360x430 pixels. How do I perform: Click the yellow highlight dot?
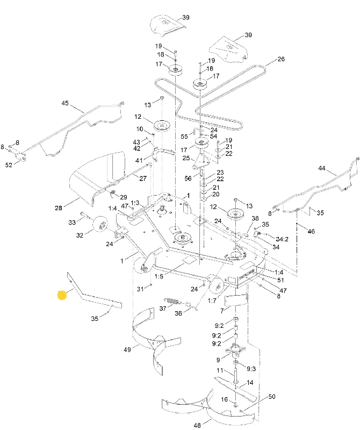(x=62, y=295)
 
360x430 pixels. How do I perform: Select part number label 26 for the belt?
(x=281, y=59)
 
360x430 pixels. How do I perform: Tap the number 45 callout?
(x=65, y=103)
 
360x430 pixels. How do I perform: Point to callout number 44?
(x=322, y=168)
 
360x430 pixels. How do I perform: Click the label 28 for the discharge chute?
(x=59, y=208)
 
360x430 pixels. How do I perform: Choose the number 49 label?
(x=127, y=350)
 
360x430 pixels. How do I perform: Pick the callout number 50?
(x=272, y=397)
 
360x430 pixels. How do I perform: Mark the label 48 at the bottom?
(x=197, y=425)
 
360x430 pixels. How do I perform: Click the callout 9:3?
(x=251, y=369)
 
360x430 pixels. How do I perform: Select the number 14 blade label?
(x=250, y=383)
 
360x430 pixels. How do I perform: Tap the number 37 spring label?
(x=163, y=309)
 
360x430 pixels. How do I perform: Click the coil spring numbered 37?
(x=171, y=301)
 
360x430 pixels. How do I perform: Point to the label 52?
(x=9, y=165)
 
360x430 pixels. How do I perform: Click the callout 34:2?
(x=282, y=239)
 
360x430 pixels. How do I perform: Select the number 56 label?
(x=188, y=178)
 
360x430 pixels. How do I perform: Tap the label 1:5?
(x=159, y=276)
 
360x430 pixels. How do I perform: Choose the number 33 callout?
(x=72, y=222)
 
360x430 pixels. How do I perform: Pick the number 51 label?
(x=280, y=280)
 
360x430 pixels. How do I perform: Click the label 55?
(x=184, y=137)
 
